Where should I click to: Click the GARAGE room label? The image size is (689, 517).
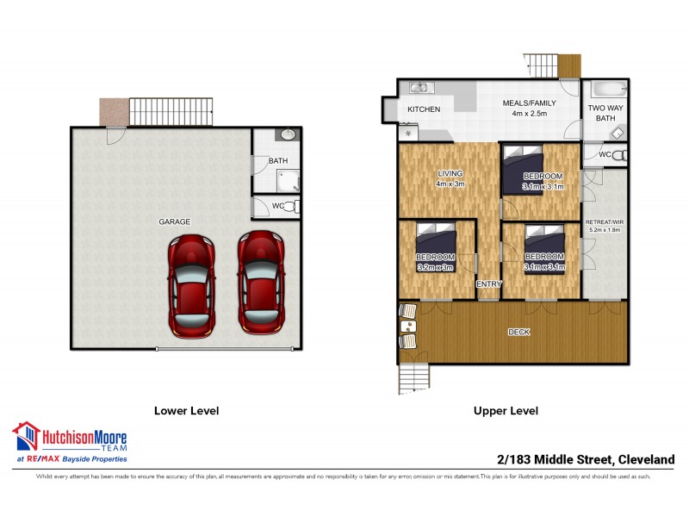click(174, 221)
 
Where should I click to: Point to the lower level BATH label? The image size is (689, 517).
click(277, 161)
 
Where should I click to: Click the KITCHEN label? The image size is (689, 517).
click(424, 109)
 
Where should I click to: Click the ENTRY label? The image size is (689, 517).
click(488, 284)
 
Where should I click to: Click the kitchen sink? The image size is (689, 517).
click(420, 87)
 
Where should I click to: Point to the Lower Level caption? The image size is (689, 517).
click(185, 411)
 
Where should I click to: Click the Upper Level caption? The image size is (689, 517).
click(506, 411)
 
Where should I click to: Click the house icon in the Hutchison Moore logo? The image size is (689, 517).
click(26, 437)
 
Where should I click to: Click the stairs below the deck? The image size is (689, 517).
click(413, 377)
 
